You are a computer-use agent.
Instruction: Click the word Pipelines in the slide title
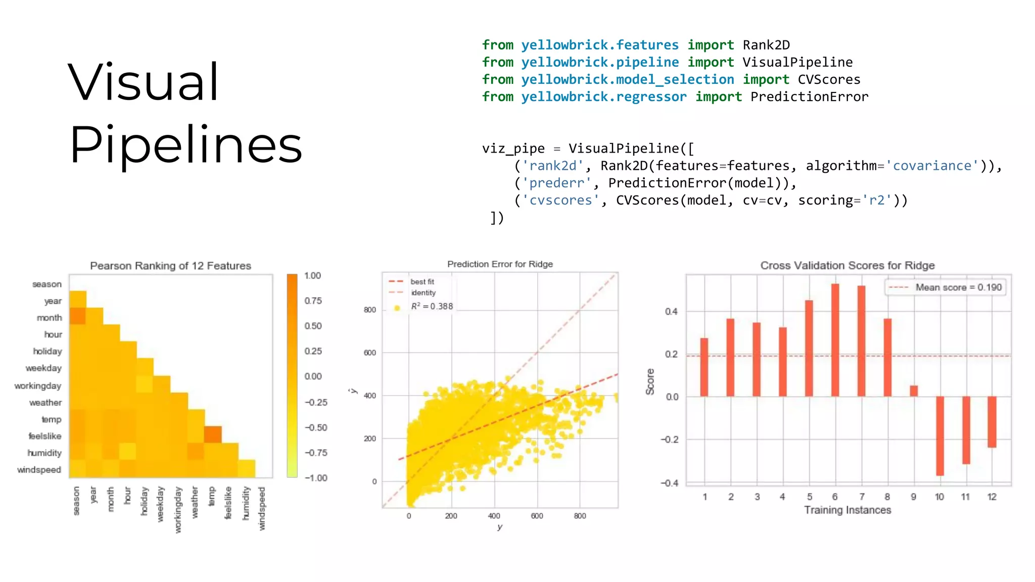(185, 145)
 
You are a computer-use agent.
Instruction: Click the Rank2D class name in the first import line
(766, 45)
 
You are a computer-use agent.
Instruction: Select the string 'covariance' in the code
(932, 166)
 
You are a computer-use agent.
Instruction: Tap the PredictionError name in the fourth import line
(809, 96)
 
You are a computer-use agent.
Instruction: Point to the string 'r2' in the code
(877, 200)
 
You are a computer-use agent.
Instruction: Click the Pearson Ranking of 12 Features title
(170, 266)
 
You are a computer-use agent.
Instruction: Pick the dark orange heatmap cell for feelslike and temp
(213, 434)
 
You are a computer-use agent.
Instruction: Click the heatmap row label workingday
(38, 386)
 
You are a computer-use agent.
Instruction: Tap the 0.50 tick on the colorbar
(313, 326)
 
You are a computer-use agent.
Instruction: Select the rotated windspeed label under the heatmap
(262, 508)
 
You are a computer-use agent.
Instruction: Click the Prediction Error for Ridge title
(500, 264)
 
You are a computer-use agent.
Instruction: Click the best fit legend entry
(421, 281)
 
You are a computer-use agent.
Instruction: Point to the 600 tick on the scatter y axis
(370, 353)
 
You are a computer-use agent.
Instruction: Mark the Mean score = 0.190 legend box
(946, 287)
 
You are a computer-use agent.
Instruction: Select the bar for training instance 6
(835, 340)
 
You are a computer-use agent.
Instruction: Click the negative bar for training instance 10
(939, 435)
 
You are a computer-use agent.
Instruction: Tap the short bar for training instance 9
(913, 391)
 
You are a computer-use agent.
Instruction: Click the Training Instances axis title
(848, 510)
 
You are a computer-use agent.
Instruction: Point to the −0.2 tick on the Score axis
(670, 440)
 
